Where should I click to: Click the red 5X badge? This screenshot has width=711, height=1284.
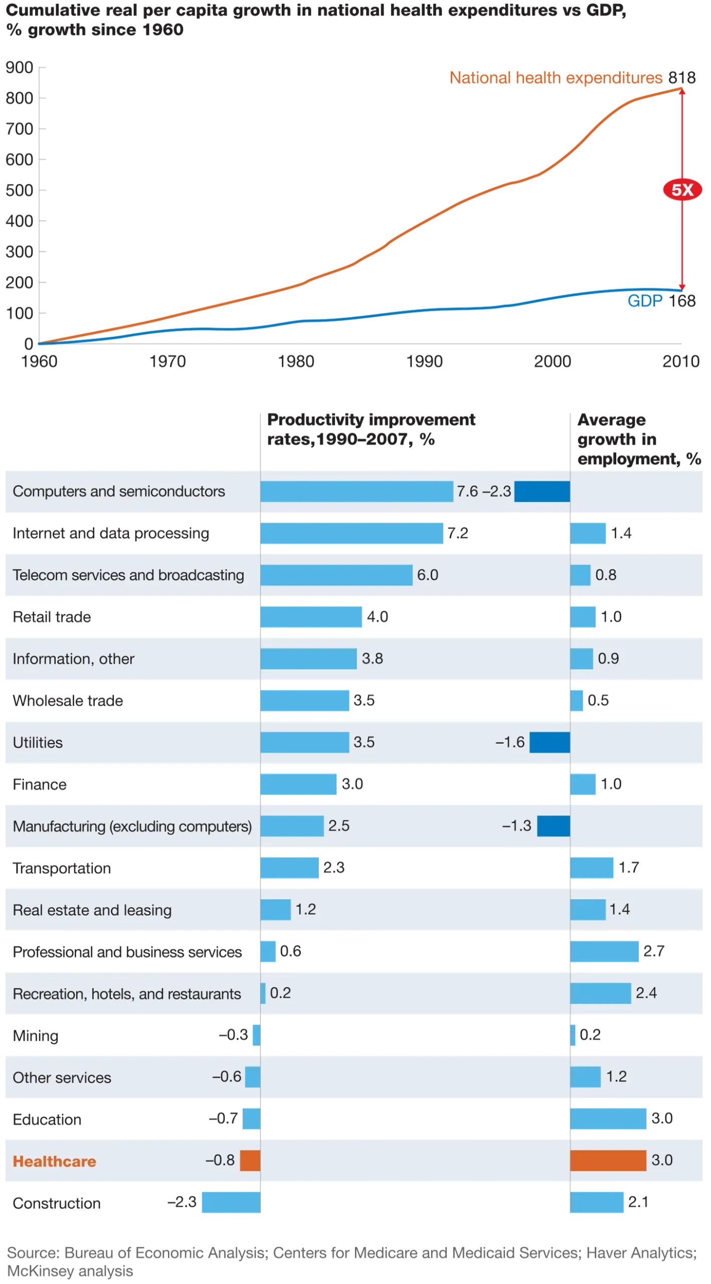point(682,190)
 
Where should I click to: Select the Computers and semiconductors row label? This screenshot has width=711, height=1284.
point(119,491)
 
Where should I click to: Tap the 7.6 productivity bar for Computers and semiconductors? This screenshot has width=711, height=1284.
point(356,491)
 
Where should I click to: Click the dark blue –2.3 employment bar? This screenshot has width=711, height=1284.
point(542,491)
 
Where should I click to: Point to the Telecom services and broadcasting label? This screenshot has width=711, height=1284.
point(128,575)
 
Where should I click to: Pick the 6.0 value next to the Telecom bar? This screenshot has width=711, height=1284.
point(428,575)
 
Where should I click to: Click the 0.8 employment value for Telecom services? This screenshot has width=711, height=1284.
point(606,575)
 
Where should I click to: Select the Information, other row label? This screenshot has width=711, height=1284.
point(74,659)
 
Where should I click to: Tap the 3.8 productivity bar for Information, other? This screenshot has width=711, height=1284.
point(308,659)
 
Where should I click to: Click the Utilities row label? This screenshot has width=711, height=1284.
point(38,742)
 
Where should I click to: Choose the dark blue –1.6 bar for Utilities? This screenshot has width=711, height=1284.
point(550,742)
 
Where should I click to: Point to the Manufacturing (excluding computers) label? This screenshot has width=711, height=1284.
point(132,826)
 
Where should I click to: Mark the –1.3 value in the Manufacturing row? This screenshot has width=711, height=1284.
point(516,826)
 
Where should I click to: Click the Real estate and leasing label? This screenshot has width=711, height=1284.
point(92,910)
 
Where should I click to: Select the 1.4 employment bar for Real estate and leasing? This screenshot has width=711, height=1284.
point(588,910)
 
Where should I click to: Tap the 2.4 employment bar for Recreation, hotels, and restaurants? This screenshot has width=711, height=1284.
point(600,994)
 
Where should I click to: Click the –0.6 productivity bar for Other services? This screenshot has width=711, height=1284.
point(253,1077)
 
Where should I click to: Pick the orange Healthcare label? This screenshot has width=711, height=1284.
point(54,1161)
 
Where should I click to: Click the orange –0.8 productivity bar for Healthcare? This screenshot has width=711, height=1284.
point(250,1161)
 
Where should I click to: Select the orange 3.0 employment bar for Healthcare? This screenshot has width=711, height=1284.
point(608,1161)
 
